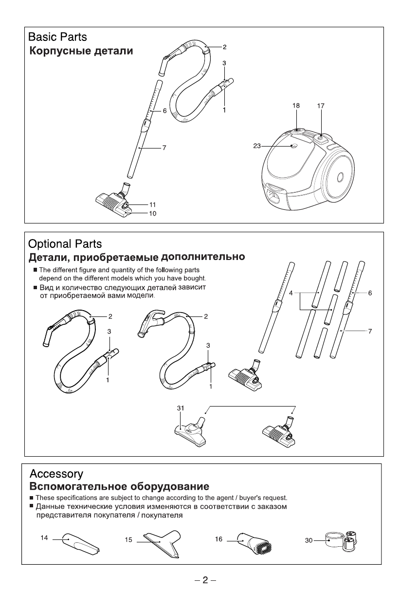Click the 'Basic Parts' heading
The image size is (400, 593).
[x=58, y=37]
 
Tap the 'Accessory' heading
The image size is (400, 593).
[x=56, y=474]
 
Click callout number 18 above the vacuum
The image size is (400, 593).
[x=296, y=106]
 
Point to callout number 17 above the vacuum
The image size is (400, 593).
[x=321, y=106]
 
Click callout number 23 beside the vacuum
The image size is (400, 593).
[x=257, y=146]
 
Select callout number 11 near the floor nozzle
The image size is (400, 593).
[x=152, y=204]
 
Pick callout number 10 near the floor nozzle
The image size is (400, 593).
[x=152, y=213]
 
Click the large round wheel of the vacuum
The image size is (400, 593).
[x=339, y=177]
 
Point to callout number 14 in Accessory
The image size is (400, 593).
[x=44, y=538]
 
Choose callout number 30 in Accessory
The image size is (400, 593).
[x=309, y=540]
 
